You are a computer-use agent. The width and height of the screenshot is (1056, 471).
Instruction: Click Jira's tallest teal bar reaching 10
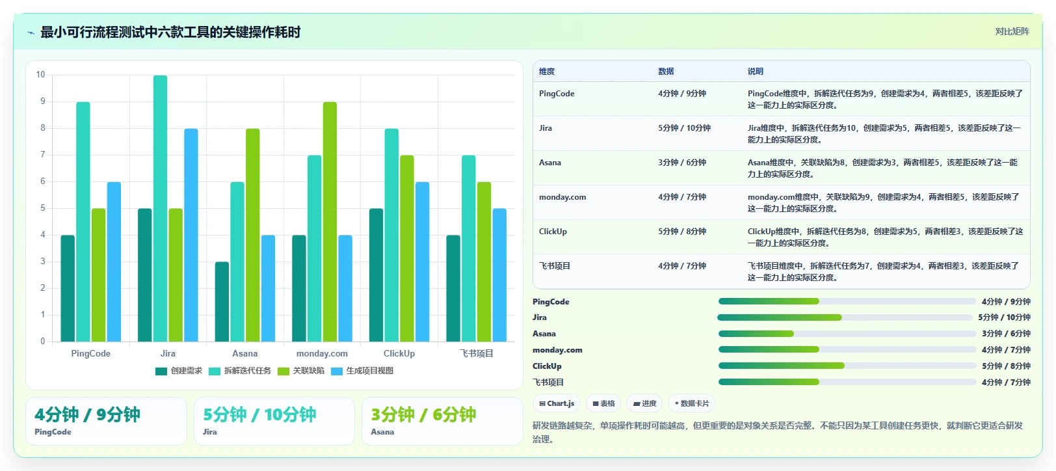160,208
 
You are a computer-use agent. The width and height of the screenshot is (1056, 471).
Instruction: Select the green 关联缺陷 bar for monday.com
330,222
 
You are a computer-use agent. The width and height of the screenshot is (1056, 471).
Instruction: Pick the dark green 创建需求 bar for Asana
222,302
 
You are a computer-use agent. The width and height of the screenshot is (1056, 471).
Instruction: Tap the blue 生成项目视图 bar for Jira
191,235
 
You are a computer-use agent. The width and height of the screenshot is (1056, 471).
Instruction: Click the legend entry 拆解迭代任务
240,371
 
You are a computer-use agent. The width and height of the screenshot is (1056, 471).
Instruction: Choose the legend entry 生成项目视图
362,371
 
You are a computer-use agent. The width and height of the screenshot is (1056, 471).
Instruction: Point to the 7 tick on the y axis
43,155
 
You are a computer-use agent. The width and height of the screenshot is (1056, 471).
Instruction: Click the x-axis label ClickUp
399,354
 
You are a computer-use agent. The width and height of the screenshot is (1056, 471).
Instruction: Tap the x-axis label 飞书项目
476,354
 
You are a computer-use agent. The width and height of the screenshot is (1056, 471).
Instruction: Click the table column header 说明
755,71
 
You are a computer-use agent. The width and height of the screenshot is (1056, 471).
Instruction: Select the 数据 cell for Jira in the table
684,128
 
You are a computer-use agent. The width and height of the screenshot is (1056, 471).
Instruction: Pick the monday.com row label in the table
562,197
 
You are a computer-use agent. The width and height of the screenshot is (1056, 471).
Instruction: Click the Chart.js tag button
557,403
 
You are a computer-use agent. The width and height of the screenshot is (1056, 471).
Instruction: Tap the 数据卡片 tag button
692,403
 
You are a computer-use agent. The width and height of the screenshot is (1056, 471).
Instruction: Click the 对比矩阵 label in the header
1012,32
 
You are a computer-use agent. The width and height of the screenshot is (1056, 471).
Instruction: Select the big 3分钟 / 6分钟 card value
423,415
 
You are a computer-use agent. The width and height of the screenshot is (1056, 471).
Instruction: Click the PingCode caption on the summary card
53,432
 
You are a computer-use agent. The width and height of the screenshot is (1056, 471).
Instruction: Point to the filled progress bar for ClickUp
781,366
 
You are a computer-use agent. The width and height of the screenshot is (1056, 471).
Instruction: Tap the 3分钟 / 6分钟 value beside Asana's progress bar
1006,334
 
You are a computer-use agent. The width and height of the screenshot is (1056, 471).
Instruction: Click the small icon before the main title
31,33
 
